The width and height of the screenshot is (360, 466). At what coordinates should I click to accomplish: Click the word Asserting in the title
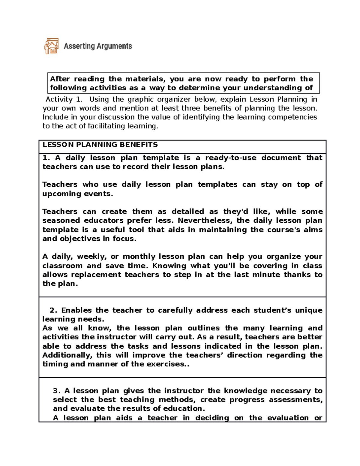click(x=79, y=46)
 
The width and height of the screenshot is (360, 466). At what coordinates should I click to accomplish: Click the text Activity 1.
click(x=64, y=99)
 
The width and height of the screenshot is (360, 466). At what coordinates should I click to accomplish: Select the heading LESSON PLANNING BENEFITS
click(x=100, y=145)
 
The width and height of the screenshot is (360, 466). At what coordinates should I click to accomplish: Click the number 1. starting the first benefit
click(x=46, y=158)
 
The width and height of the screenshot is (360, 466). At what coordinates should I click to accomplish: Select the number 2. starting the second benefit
click(x=53, y=310)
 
